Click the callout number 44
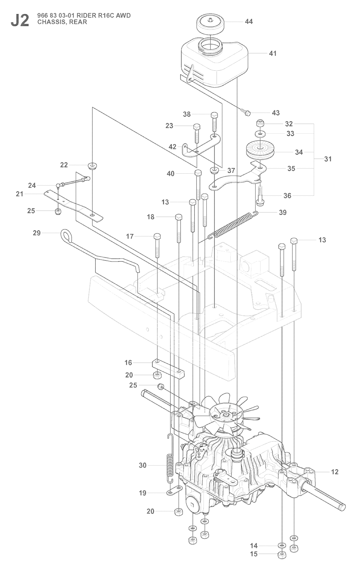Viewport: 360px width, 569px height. [249, 21]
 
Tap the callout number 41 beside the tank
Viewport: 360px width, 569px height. [272, 53]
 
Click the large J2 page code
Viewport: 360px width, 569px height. [20, 20]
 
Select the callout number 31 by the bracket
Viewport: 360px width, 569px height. [328, 159]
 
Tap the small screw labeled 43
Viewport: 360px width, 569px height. [247, 113]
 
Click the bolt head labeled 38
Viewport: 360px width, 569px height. [214, 115]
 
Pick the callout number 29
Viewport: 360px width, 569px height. [37, 233]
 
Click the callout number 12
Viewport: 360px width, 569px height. [334, 472]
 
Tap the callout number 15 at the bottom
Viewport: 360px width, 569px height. [253, 554]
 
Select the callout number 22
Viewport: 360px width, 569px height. [64, 165]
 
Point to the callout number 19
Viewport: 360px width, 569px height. [142, 493]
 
